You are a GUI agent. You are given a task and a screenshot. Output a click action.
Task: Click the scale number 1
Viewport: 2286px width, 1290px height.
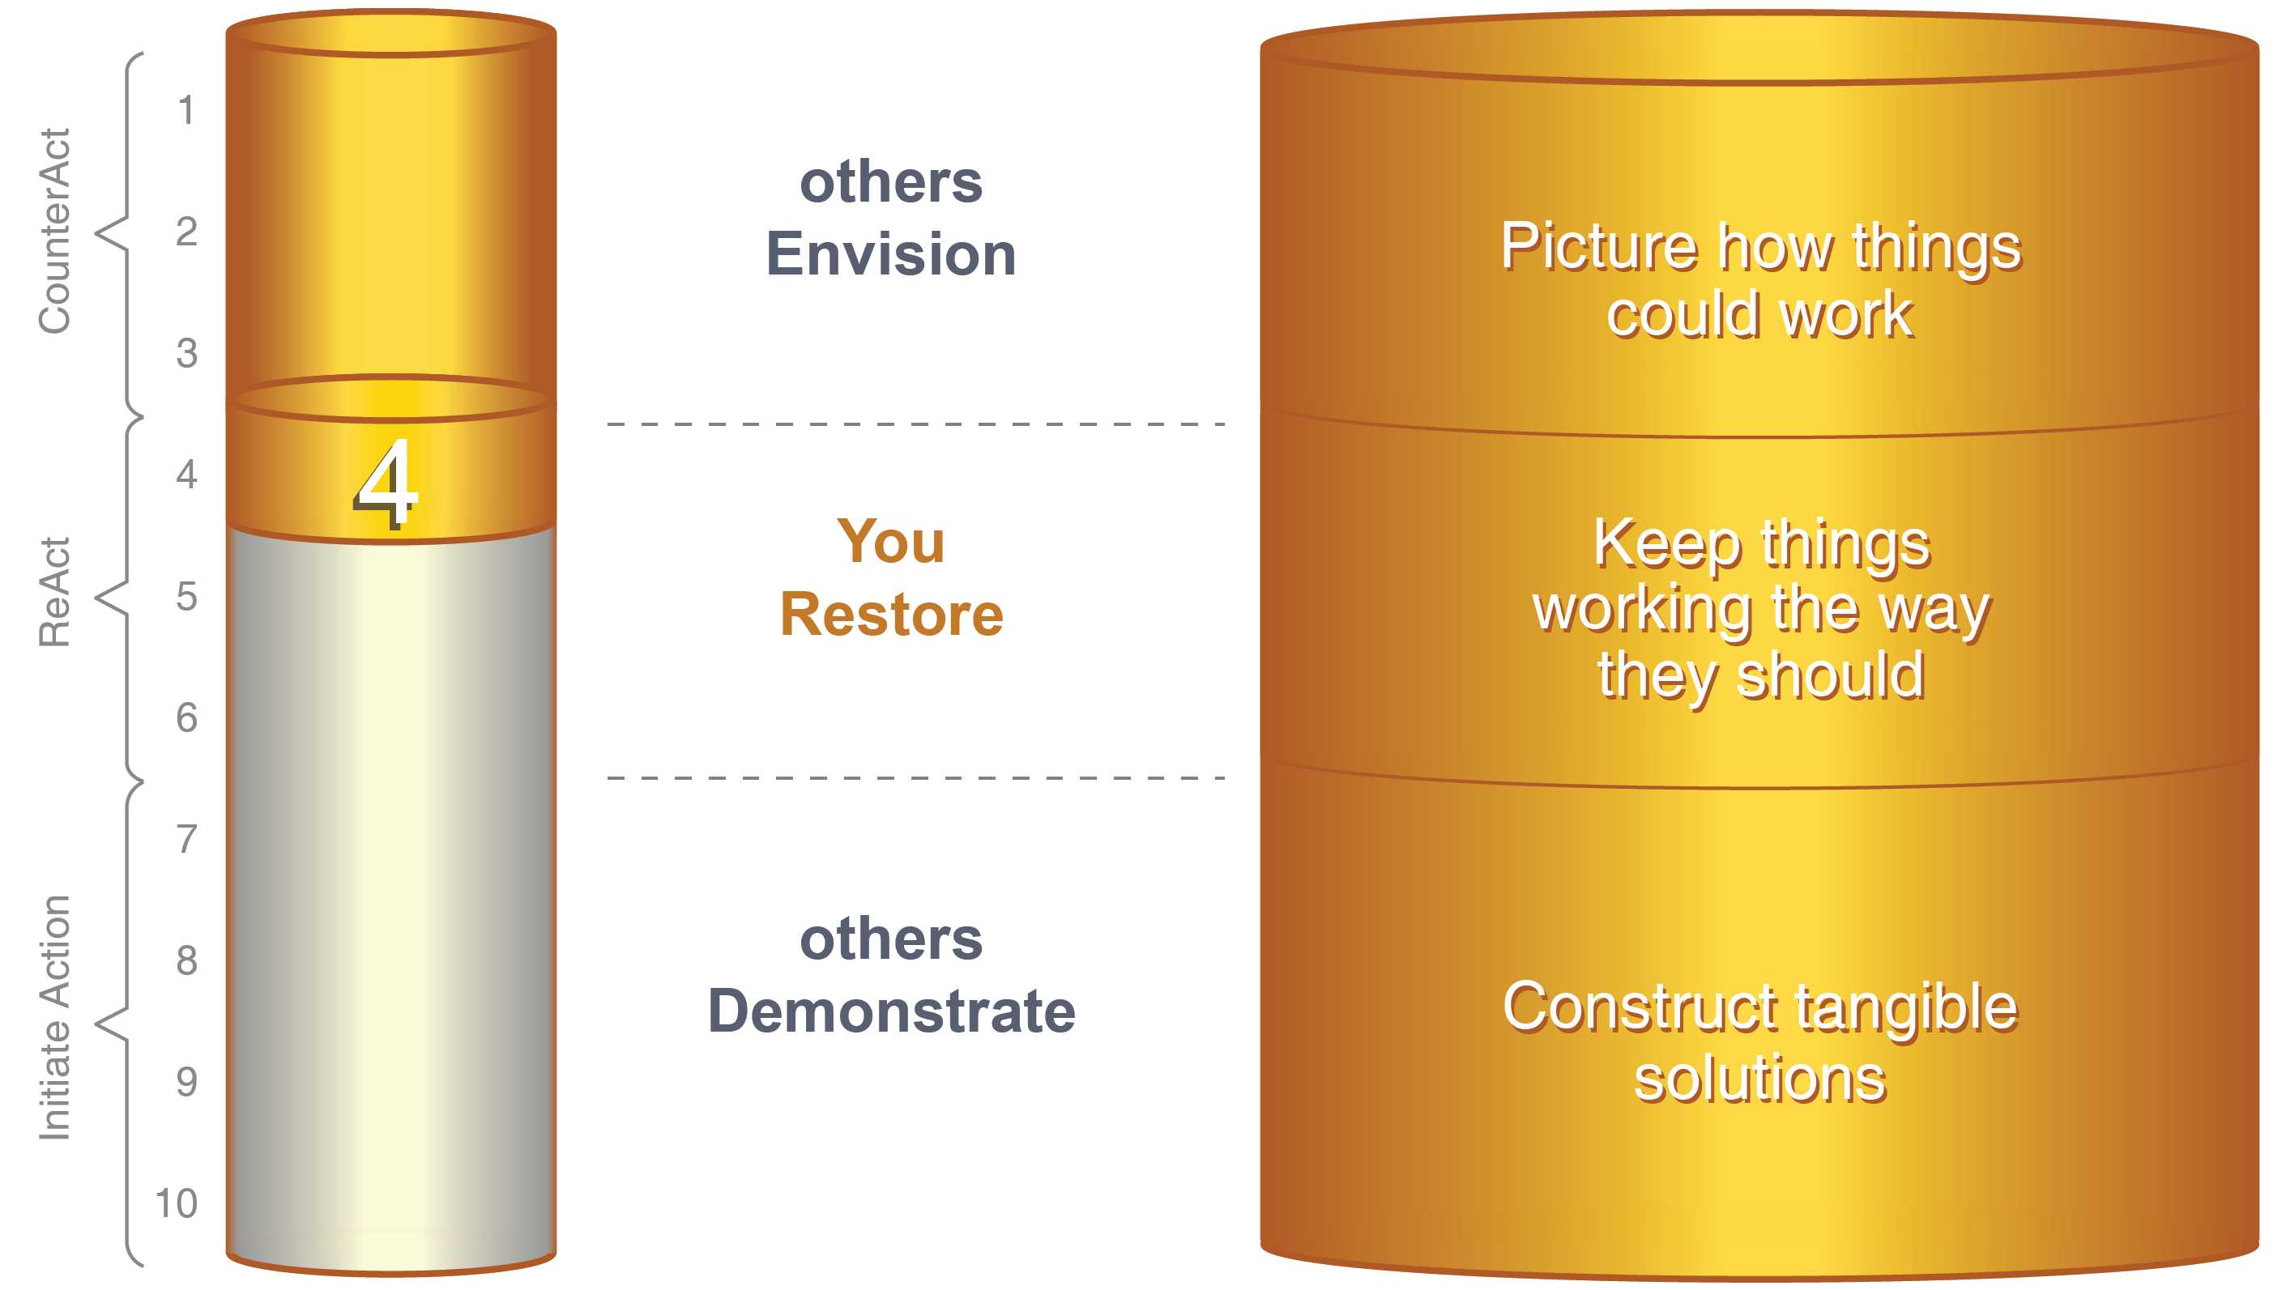(x=186, y=111)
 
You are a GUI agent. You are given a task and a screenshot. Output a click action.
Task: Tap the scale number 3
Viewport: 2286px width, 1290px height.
(x=186, y=353)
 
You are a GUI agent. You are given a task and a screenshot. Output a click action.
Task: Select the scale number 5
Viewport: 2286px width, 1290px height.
(x=186, y=596)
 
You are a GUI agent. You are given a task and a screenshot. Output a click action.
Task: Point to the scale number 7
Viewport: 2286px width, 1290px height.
(x=186, y=839)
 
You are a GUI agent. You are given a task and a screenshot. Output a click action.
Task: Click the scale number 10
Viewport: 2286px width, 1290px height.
(x=176, y=1203)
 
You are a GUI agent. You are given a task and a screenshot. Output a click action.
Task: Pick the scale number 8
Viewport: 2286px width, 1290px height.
(x=186, y=960)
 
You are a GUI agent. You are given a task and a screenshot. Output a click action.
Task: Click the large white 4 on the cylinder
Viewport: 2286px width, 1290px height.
(x=385, y=483)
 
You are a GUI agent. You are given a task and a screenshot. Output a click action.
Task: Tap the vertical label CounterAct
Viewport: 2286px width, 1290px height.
(x=54, y=232)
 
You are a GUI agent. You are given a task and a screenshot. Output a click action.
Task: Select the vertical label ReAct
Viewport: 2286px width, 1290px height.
(x=54, y=592)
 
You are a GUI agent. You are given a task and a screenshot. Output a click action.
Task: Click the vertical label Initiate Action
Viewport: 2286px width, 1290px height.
(x=54, y=1017)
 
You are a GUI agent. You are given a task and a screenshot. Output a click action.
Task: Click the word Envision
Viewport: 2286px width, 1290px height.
(x=891, y=253)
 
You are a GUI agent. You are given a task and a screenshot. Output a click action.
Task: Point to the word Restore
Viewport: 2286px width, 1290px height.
(x=892, y=614)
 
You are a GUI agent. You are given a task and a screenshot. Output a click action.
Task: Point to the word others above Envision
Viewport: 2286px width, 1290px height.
(x=891, y=182)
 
